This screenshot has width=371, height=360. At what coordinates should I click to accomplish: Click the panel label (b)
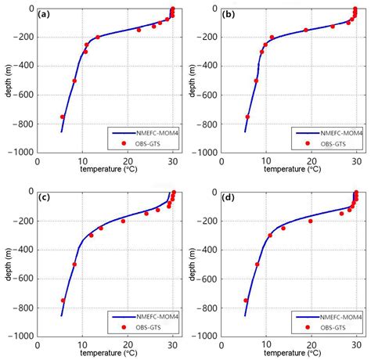point(232,15)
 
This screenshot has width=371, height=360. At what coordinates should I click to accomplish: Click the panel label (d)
point(232,198)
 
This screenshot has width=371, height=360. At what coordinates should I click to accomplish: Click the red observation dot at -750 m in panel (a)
point(63,117)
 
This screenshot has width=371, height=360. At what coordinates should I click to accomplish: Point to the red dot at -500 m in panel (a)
point(75,81)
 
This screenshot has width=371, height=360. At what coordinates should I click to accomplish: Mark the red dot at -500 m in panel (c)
point(74,264)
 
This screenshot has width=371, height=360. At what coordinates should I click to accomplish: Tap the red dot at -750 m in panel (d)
point(246,300)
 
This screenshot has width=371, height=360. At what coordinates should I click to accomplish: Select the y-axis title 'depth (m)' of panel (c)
point(9,264)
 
